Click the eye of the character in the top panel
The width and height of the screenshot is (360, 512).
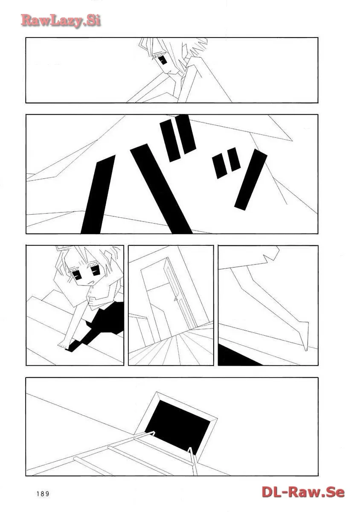tap(163, 61)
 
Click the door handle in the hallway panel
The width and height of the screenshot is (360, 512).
tap(176, 299)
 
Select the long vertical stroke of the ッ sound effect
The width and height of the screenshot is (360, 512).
tap(251, 179)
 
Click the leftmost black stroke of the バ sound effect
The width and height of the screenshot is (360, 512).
tap(98, 194)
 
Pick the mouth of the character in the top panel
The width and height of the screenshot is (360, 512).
tap(169, 72)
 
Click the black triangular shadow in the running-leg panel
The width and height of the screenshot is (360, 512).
tap(238, 356)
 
